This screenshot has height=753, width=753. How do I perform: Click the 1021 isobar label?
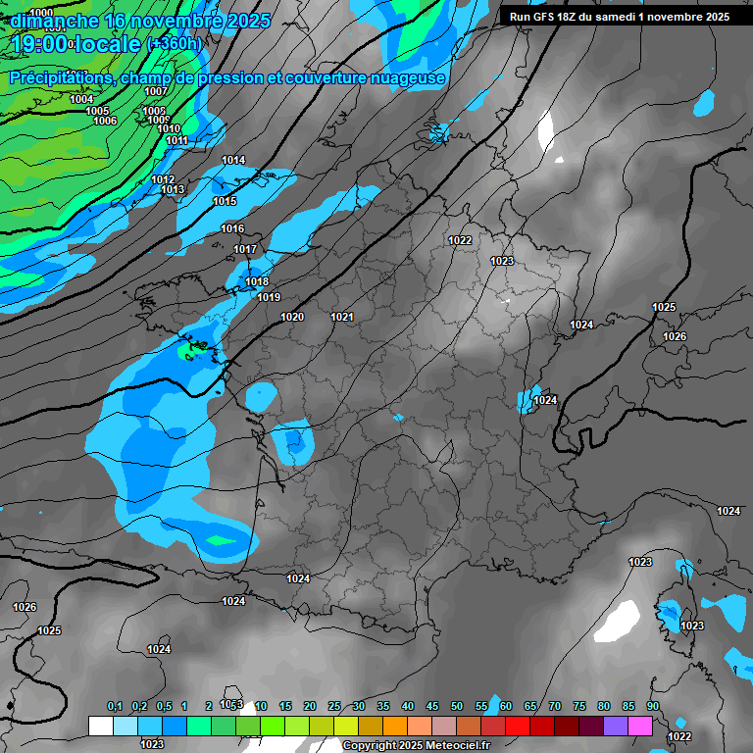[x=342, y=317]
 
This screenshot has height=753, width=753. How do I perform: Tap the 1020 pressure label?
[x=292, y=317]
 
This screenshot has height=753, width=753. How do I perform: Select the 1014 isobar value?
[x=233, y=160]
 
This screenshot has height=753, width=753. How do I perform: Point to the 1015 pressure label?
[x=225, y=201]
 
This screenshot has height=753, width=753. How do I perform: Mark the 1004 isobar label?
[x=82, y=99]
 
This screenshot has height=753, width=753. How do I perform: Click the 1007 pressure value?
[x=156, y=91]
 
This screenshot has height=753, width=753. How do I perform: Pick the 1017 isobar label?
[x=245, y=249]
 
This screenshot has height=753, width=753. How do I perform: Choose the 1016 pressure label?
[x=232, y=228]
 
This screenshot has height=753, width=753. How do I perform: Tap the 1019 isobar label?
[x=269, y=297]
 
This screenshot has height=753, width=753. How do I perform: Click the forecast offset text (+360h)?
[x=175, y=43]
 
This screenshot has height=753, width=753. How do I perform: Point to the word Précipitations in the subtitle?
[x=59, y=77]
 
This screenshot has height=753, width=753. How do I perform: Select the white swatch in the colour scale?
[x=100, y=726]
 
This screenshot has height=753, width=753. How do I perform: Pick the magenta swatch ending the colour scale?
[x=640, y=726]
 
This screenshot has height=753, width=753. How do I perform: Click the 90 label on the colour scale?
[x=653, y=706]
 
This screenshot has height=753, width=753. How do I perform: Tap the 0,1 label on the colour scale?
[x=115, y=706]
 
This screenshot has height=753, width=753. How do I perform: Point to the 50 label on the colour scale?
[x=457, y=706]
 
